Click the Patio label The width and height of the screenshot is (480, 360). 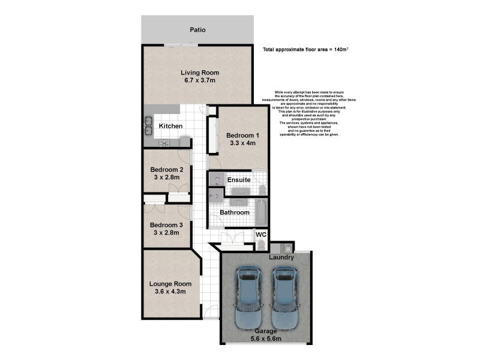[198, 29]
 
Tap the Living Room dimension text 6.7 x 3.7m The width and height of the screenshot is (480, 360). [200, 80]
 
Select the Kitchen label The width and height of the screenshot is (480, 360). [170, 126]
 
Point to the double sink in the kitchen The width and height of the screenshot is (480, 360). [148, 125]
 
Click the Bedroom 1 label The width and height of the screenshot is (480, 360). [242, 136]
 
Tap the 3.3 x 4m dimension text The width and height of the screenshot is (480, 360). [242, 143]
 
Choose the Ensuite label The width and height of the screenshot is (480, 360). [238, 179]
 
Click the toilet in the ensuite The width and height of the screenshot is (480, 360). [262, 190]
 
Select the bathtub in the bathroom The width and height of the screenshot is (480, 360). [262, 212]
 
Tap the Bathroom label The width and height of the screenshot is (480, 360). [234, 212]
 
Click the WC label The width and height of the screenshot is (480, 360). [261, 235]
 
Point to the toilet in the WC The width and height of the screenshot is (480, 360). [260, 245]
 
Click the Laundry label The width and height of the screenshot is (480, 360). [281, 257]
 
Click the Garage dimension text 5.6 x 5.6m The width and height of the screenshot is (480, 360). [266, 338]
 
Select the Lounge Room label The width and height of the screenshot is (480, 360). [170, 284]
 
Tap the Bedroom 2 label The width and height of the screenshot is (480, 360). [166, 169]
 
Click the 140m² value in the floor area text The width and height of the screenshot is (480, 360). [340, 49]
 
